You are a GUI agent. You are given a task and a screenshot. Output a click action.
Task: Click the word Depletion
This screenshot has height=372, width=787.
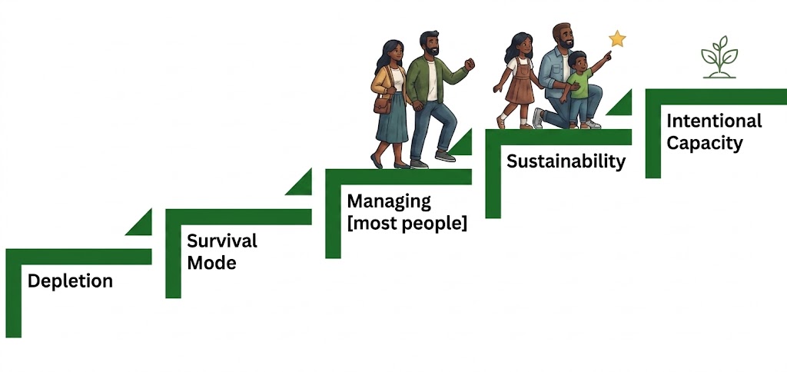click(70, 281)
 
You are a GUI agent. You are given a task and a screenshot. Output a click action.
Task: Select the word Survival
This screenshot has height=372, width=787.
click(222, 241)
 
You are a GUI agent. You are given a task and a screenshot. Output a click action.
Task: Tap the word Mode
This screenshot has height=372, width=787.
click(211, 263)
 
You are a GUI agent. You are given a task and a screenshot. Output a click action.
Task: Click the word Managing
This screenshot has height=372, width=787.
click(389, 202)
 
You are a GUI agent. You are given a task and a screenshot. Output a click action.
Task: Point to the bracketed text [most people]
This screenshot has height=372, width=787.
click(407, 223)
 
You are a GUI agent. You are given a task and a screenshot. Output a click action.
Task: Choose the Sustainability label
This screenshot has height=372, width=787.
click(566, 161)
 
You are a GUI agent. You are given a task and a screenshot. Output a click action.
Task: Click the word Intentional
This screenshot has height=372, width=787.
click(714, 121)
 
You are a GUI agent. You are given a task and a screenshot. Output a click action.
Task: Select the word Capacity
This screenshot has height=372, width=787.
click(705, 144)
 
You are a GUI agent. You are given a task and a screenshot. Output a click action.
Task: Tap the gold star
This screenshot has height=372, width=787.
click(617, 38)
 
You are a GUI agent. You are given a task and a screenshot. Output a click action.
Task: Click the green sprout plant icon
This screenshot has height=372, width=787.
click(719, 57)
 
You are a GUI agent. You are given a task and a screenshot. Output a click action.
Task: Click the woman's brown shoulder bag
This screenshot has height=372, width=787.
click(383, 104)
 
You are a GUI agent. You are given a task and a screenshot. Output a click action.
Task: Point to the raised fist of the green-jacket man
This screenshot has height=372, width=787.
click(470, 64)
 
